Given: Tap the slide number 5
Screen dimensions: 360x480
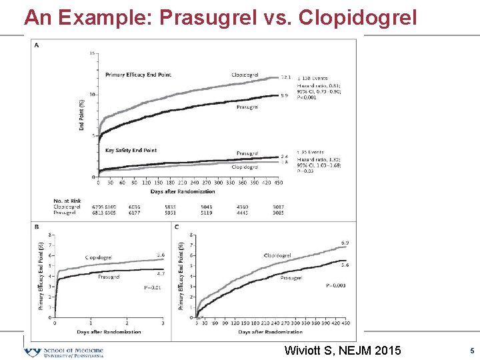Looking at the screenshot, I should (x=471, y=351).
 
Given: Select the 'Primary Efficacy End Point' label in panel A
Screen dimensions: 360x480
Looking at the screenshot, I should (x=138, y=75).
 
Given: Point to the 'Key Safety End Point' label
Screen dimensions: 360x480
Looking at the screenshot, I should (x=131, y=151).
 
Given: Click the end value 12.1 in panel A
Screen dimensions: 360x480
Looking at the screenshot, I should (x=284, y=79).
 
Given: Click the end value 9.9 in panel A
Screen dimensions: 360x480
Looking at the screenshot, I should (x=284, y=96).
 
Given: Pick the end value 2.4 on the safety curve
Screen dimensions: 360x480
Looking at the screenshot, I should (x=284, y=156).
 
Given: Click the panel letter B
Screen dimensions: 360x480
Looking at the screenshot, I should (x=36, y=227).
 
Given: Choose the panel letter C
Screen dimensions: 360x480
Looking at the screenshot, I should (x=176, y=227).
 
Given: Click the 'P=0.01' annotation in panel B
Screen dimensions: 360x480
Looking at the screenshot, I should (x=153, y=287).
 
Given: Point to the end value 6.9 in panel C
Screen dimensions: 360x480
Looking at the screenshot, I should (x=345, y=243).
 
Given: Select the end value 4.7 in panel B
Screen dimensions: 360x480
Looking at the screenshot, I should (x=161, y=273).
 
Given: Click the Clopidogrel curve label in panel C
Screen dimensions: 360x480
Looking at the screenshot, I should (x=277, y=255).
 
